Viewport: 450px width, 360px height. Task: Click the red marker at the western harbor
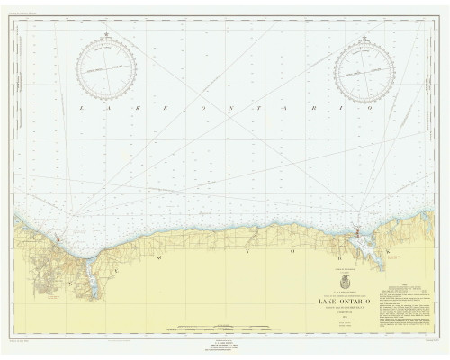point(59,239)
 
